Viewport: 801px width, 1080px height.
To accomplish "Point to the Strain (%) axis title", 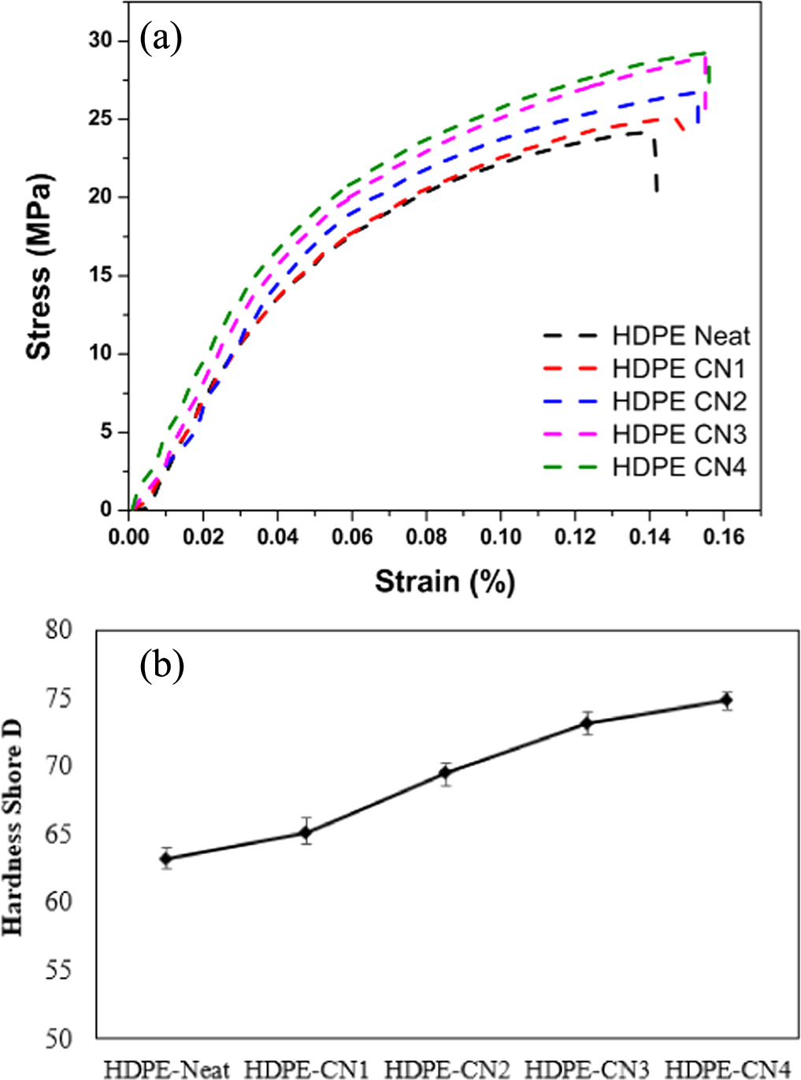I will [444, 582].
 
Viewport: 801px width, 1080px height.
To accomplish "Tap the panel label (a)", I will [161, 37].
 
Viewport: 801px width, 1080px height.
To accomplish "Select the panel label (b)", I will [161, 665].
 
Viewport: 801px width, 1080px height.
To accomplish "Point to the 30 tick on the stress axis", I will [102, 40].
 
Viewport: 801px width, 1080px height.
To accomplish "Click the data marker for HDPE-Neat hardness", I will [166, 858].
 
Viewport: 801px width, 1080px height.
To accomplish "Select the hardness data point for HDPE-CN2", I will [445, 773].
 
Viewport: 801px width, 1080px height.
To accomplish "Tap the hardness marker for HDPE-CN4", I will [726, 701].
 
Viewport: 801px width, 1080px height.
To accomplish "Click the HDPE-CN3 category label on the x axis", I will [587, 1069].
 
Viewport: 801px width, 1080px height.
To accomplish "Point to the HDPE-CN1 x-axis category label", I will [306, 1069].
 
